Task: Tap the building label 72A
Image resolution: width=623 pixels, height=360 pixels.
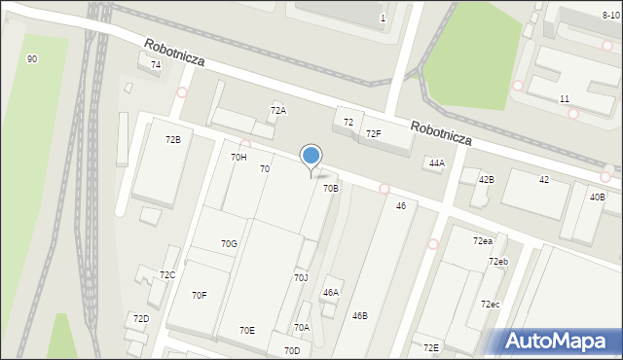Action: point(278,111)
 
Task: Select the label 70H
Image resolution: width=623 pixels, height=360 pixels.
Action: point(238,157)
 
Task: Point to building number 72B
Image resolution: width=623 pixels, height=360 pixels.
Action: point(172,140)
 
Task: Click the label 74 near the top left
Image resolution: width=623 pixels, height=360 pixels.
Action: point(155,64)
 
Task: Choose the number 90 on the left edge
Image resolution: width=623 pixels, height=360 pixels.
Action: point(32,59)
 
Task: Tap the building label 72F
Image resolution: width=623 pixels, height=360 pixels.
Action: point(373,134)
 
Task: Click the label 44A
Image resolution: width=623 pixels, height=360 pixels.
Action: point(436,163)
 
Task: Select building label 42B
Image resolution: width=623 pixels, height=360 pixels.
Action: point(486,180)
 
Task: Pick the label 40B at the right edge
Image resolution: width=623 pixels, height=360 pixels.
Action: point(597,198)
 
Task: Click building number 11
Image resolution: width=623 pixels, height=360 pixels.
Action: point(565,99)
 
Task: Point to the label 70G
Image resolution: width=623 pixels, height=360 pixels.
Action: point(229,244)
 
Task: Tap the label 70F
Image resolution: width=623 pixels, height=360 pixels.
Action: point(199,295)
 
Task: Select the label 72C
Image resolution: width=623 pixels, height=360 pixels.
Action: point(167,275)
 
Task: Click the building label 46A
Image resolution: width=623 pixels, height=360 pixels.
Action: point(331,292)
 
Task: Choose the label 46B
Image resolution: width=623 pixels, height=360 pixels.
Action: point(360,316)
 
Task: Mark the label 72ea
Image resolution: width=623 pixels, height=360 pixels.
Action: point(483,241)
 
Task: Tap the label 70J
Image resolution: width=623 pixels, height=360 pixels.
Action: point(301,278)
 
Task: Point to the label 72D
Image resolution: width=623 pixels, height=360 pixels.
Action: point(141,319)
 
